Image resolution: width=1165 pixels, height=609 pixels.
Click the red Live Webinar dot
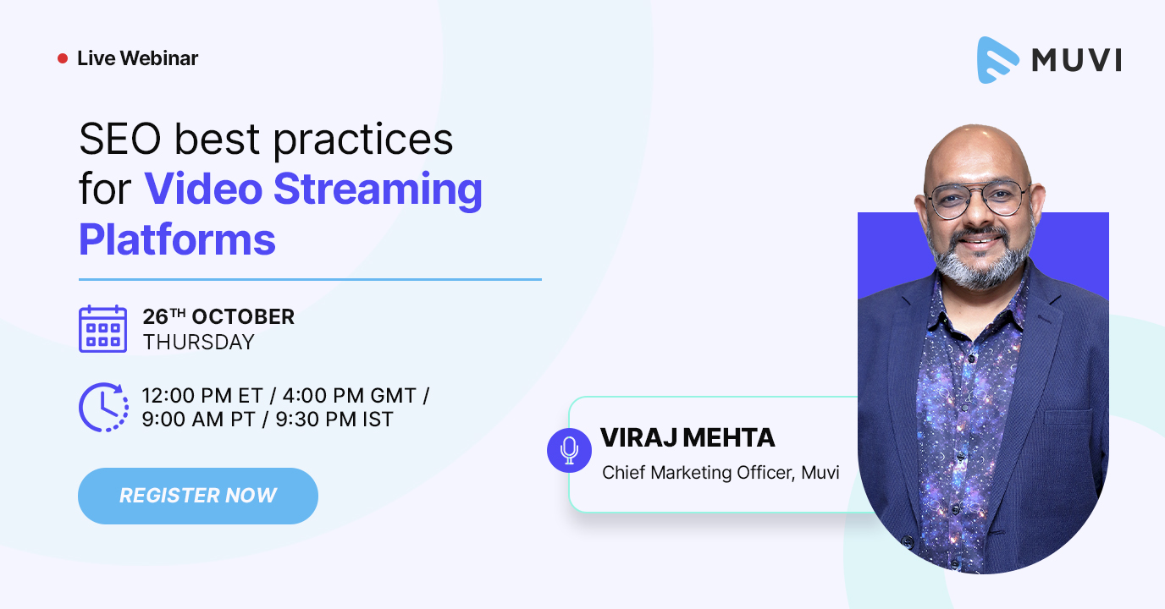63,58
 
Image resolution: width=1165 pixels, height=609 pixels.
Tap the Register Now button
197,496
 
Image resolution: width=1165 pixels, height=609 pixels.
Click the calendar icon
103,329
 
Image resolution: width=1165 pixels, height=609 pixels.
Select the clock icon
104,408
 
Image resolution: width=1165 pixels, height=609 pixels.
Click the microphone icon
569,450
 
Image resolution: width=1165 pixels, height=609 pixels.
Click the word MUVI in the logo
1076,60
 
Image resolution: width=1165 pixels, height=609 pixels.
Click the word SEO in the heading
120,140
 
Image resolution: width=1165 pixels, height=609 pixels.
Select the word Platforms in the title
177,239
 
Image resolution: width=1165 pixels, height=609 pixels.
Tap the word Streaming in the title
378,189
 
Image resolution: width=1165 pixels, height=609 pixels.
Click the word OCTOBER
243,316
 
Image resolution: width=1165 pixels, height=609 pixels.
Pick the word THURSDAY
199,343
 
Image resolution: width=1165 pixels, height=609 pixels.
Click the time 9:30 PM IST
334,420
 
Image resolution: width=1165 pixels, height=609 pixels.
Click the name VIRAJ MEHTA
687,437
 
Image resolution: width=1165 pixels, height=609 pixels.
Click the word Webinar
159,58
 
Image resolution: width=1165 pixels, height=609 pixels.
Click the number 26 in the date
156,316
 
